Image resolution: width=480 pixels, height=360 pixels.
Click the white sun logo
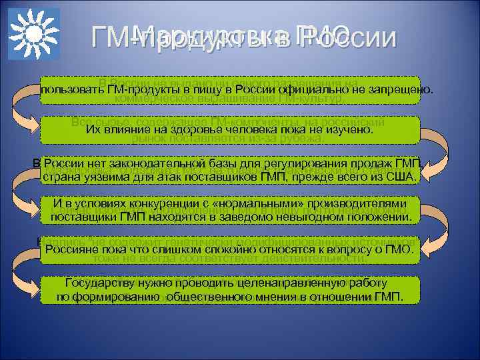point(34,34)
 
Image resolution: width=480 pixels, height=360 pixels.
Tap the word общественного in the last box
point(209,295)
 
